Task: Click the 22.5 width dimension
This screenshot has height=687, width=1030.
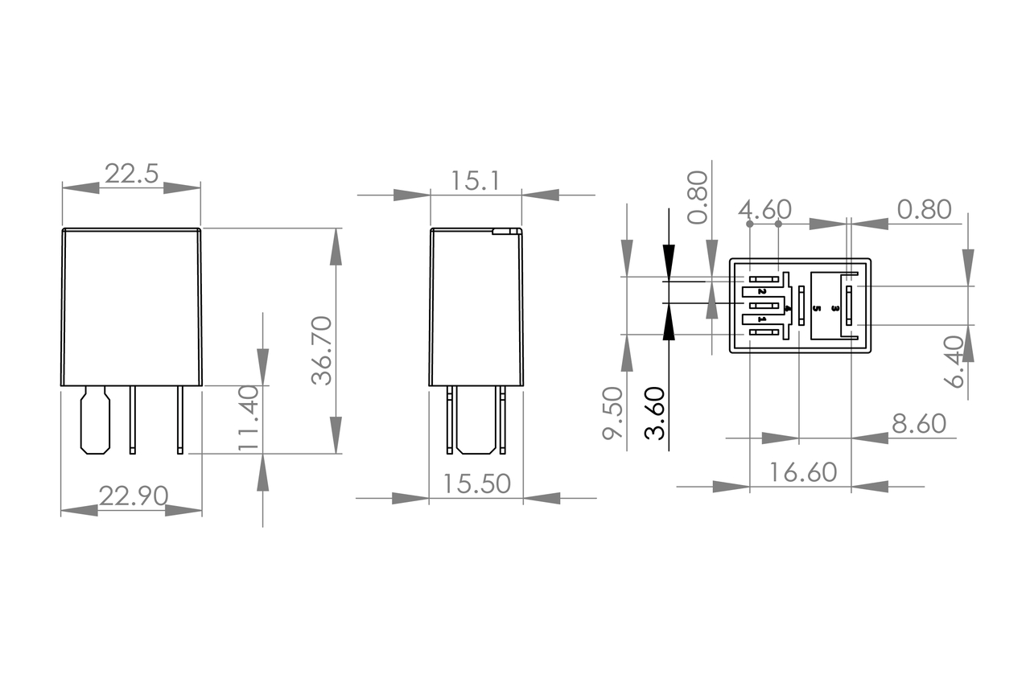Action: (131, 175)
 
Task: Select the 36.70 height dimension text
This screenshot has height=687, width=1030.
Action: (322, 350)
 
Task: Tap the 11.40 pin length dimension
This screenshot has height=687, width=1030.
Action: (249, 417)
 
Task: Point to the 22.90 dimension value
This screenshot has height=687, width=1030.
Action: (133, 496)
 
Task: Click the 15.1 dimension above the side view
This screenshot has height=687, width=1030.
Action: (475, 180)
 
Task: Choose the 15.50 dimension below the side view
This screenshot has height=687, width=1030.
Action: (477, 483)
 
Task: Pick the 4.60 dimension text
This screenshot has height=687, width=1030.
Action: (764, 210)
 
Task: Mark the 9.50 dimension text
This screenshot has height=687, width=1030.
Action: (613, 413)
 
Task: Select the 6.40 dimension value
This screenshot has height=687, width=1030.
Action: (954, 362)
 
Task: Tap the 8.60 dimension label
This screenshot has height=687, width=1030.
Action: (918, 423)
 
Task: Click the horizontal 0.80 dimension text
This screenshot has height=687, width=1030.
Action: (925, 210)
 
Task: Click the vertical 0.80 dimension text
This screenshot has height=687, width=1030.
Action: (698, 197)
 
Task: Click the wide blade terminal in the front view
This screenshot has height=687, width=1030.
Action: (95, 420)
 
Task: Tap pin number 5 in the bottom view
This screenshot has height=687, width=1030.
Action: (818, 307)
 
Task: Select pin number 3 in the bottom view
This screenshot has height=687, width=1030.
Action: (836, 308)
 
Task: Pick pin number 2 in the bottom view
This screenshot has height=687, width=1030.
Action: (762, 290)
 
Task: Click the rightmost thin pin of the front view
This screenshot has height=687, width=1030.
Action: (180, 419)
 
